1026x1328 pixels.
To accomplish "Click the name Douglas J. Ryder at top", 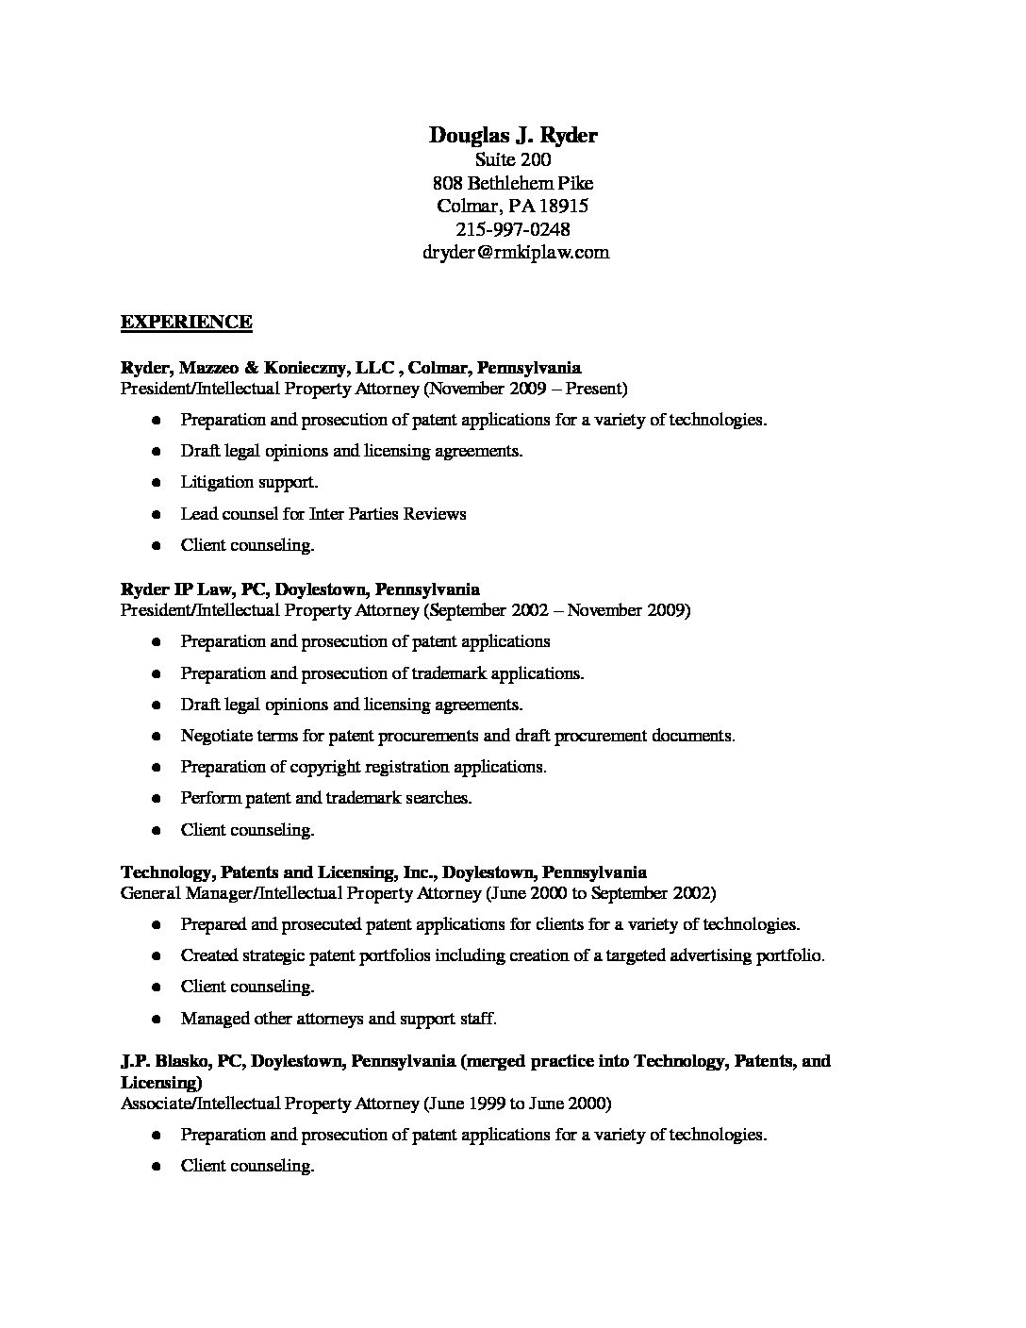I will click(x=513, y=136).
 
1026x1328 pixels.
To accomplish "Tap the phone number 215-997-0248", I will click(x=513, y=229).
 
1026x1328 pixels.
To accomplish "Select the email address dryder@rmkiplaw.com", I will click(x=514, y=252).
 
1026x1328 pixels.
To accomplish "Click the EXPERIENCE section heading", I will click(x=186, y=323).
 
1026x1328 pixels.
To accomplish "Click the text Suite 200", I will click(x=513, y=159).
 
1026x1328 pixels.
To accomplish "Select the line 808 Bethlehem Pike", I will click(x=513, y=183).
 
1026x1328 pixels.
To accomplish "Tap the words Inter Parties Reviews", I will click(x=388, y=514).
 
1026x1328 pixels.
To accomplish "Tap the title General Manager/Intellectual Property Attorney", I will click(x=300, y=892).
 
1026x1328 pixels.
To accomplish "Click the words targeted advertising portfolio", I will click(x=720, y=955).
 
